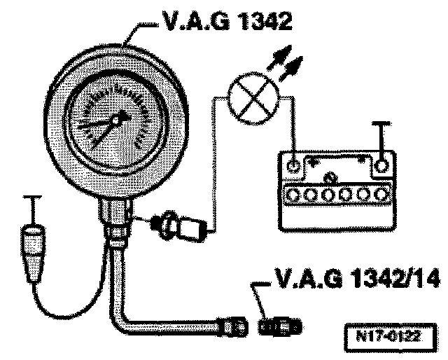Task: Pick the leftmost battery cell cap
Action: [293, 193]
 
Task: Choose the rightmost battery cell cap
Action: [381, 193]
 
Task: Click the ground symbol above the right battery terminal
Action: [381, 133]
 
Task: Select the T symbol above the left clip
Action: [29, 203]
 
